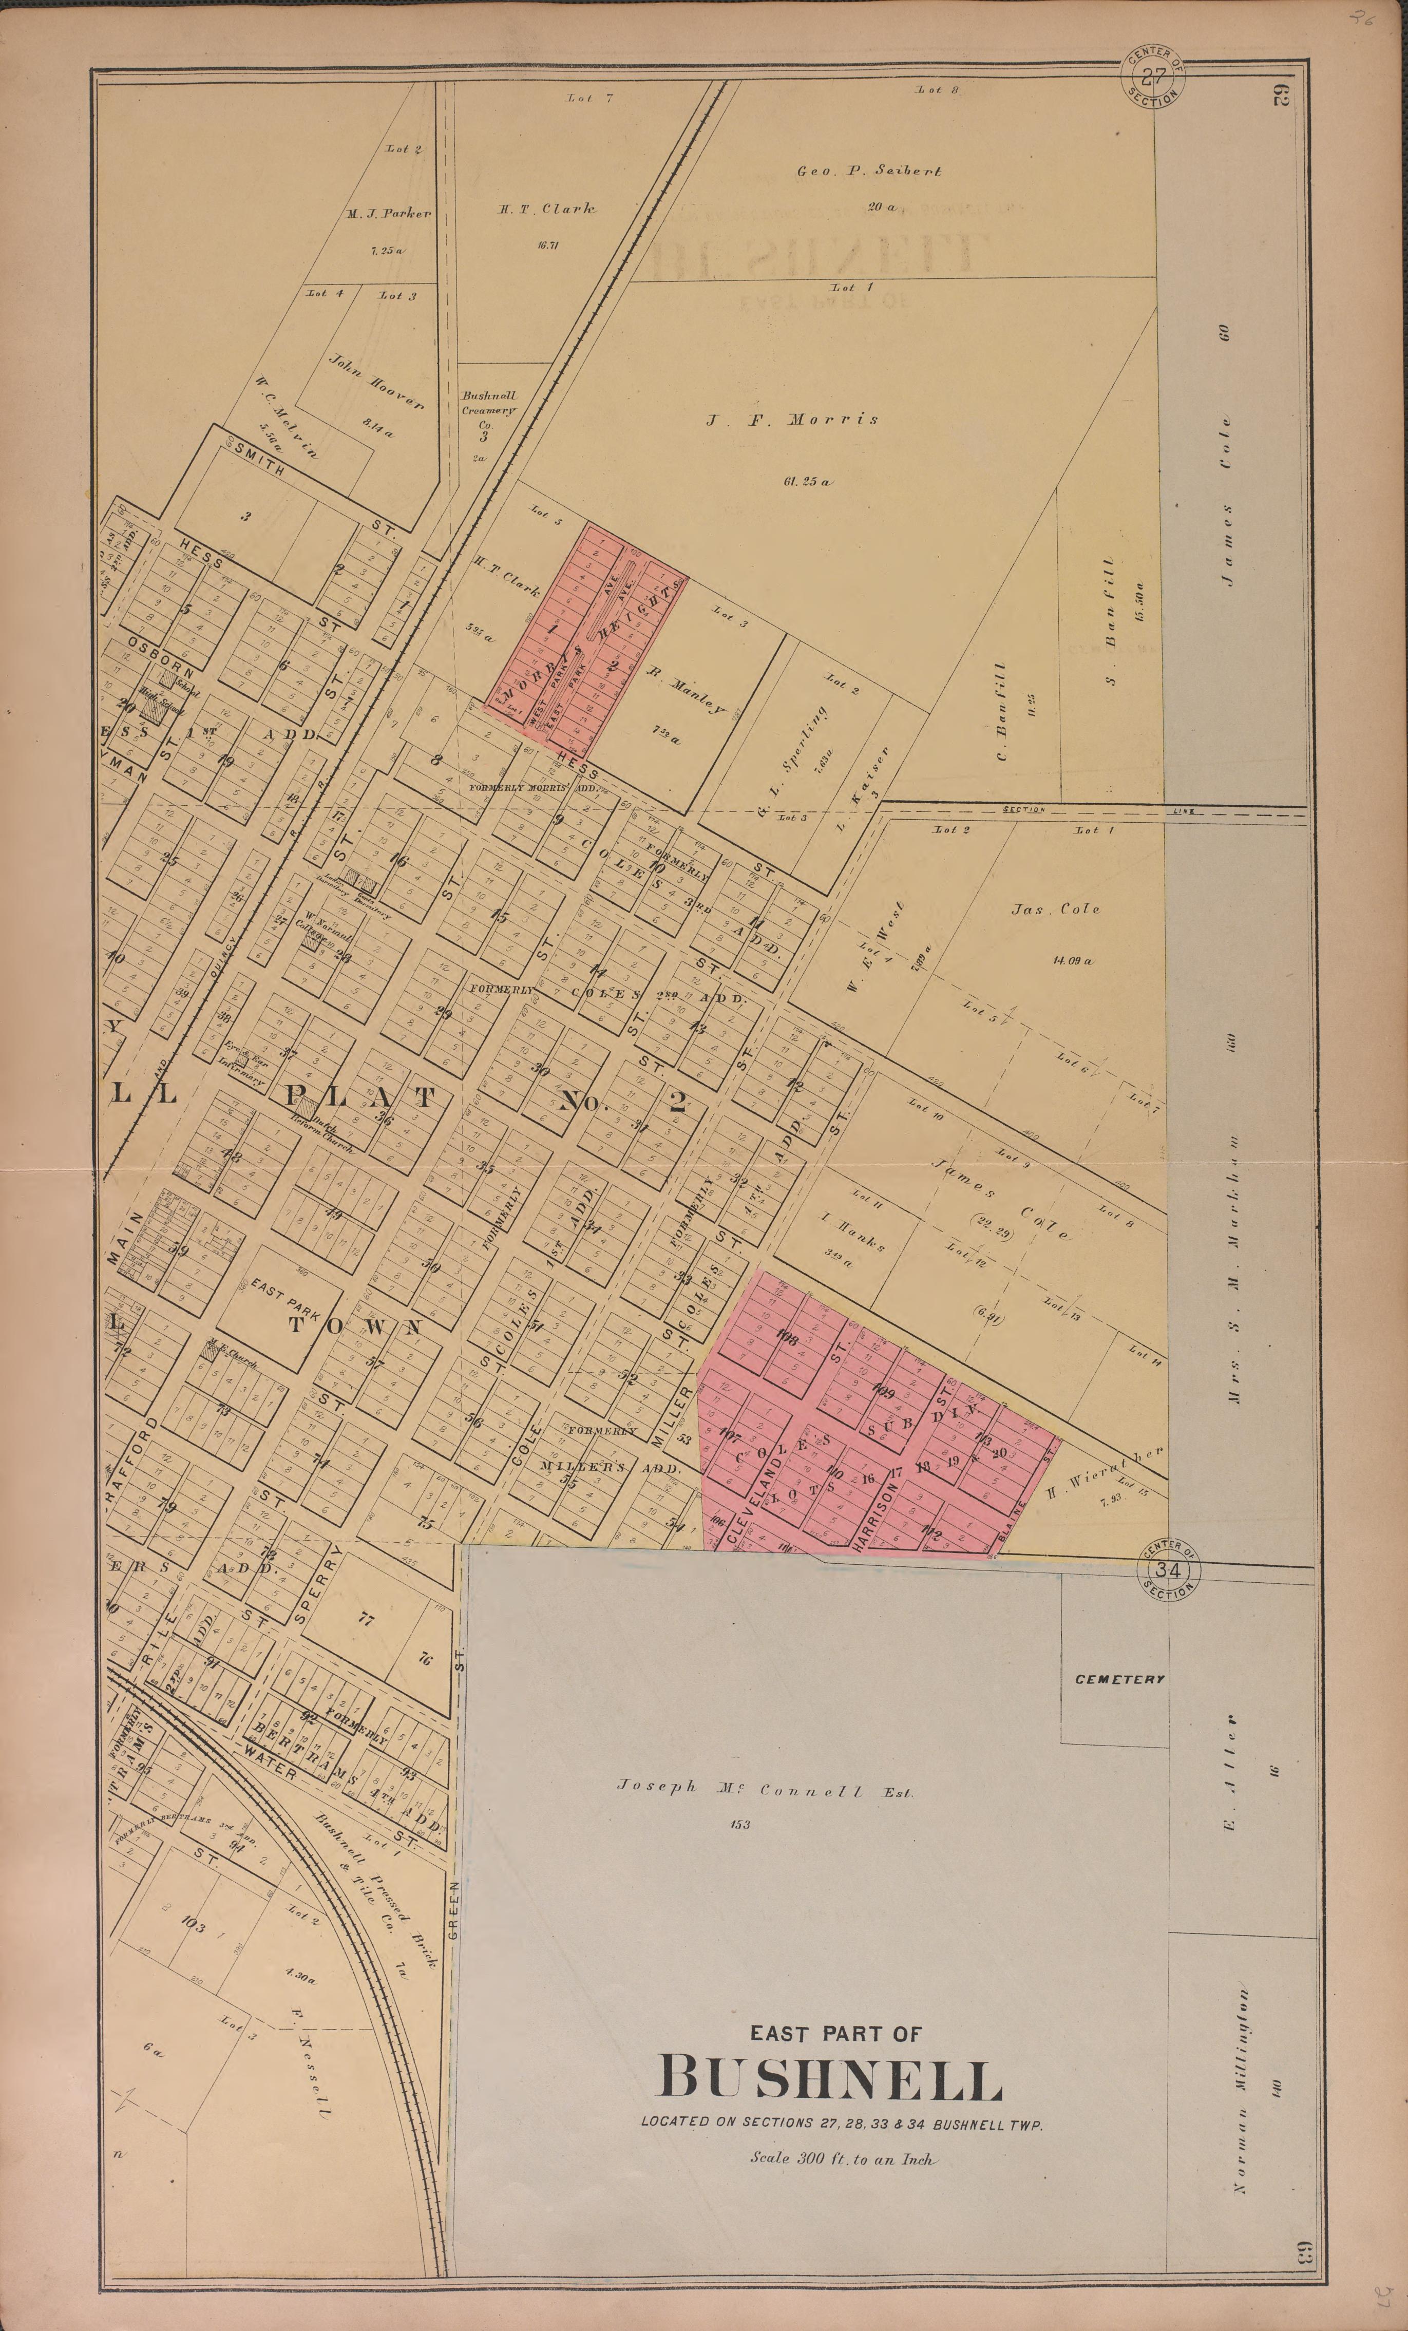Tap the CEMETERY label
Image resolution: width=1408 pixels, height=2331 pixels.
(1119, 1679)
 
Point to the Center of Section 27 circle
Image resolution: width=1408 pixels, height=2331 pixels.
(1153, 78)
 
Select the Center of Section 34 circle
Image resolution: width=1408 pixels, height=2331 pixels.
(1170, 1570)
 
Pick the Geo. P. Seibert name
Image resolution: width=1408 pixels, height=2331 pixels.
(869, 171)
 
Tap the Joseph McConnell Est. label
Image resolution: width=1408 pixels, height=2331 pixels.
(765, 1788)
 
